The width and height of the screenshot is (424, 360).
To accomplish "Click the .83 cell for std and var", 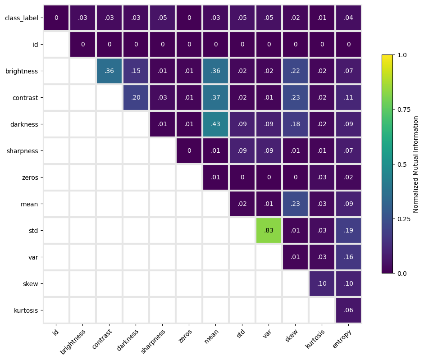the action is (269, 230).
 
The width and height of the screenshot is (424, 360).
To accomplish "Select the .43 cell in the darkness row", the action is (215, 124).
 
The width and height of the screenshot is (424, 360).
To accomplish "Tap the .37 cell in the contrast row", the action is (215, 97).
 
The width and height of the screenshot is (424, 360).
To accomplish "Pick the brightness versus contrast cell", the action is (109, 71).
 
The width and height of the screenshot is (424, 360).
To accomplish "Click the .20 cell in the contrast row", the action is (136, 97).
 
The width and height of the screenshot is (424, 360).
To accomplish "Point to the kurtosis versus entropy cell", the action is (349, 310).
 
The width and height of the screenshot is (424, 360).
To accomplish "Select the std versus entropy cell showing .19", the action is (349, 230).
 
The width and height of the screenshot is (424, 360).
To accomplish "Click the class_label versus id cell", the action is (56, 18).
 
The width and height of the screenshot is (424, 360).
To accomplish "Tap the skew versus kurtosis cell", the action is (322, 284).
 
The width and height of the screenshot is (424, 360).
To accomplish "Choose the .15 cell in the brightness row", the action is (136, 71).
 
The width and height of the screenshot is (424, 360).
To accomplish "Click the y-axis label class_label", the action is (22, 18).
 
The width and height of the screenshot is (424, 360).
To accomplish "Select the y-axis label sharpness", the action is (23, 151).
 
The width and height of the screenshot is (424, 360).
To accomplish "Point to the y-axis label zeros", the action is (30, 178).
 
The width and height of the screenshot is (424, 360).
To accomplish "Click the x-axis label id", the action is (55, 332).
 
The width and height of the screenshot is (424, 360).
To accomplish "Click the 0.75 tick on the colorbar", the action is (404, 109).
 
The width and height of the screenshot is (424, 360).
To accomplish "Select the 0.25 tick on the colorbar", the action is (404, 219).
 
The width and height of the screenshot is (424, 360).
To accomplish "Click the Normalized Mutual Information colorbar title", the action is (415, 164).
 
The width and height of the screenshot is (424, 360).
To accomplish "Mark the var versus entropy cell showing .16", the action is (349, 257).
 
